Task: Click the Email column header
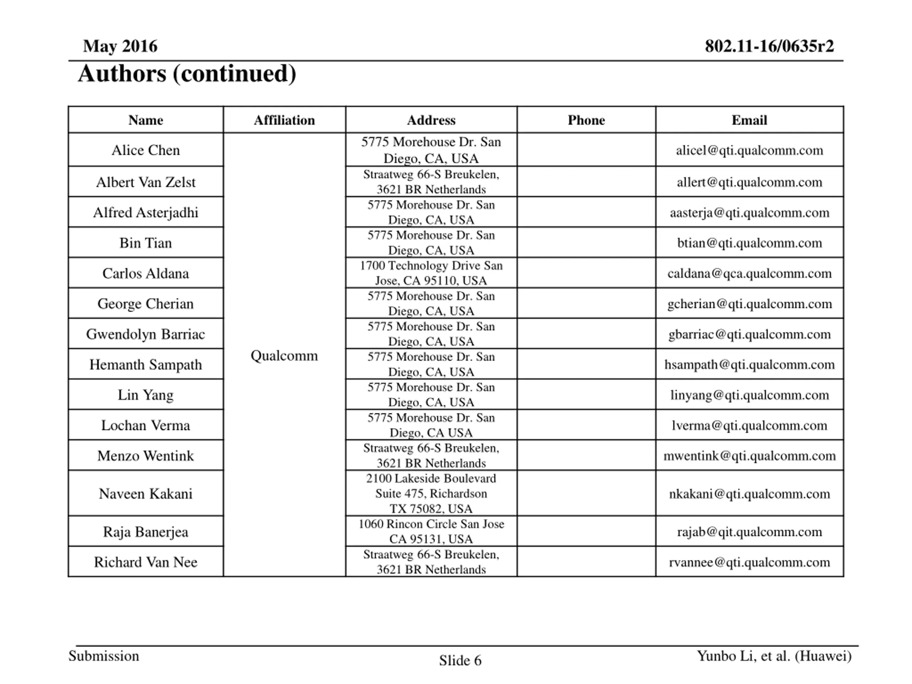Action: pos(749,120)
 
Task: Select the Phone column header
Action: pos(586,120)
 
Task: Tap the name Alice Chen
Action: pos(146,150)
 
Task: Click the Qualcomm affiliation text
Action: pos(284,356)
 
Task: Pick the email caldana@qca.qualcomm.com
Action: pos(749,273)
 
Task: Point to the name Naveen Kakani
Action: pos(146,493)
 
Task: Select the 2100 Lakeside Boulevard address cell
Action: pos(431,493)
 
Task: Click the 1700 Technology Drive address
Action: pos(431,273)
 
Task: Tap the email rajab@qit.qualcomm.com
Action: pos(749,532)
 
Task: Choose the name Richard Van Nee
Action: pos(146,562)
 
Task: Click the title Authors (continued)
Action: pos(187,74)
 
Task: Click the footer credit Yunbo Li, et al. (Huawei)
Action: pos(774,655)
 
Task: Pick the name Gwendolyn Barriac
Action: pos(146,334)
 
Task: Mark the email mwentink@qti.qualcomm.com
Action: pos(749,456)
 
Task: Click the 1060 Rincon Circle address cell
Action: pos(431,532)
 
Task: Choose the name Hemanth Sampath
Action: pos(146,364)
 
